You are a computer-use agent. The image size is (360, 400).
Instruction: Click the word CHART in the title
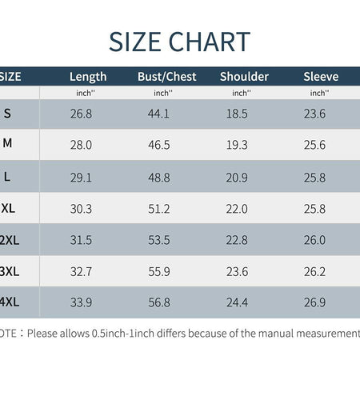tap(210, 42)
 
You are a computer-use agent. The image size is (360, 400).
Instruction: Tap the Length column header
tap(88, 77)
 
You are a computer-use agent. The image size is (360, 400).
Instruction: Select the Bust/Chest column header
tap(167, 77)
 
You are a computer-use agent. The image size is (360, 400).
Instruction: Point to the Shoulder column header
tap(244, 77)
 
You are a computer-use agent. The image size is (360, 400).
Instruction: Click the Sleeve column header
tap(321, 77)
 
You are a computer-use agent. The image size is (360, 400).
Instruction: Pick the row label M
tap(7, 143)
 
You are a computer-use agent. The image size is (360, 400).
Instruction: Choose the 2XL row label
tap(10, 240)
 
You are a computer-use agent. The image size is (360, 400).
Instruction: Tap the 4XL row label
tap(10, 302)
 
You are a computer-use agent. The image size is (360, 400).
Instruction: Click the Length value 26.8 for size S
tap(81, 114)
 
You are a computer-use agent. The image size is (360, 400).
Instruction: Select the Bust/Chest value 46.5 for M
tap(159, 145)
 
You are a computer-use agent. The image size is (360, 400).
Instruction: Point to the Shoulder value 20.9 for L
tap(237, 178)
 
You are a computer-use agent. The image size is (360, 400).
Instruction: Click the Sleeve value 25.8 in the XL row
tap(314, 209)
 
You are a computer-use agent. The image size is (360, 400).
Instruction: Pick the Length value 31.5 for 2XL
tap(81, 240)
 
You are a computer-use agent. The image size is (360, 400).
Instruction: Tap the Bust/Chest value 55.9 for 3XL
tap(159, 272)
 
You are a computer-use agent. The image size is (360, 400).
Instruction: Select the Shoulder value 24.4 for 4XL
tap(237, 302)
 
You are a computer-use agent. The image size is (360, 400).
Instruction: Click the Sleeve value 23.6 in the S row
tap(314, 114)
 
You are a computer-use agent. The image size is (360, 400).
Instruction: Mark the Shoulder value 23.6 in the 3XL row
tap(237, 272)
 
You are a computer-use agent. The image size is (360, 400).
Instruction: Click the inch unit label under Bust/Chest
tap(163, 93)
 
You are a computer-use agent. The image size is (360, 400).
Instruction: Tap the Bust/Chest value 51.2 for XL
tap(159, 209)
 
